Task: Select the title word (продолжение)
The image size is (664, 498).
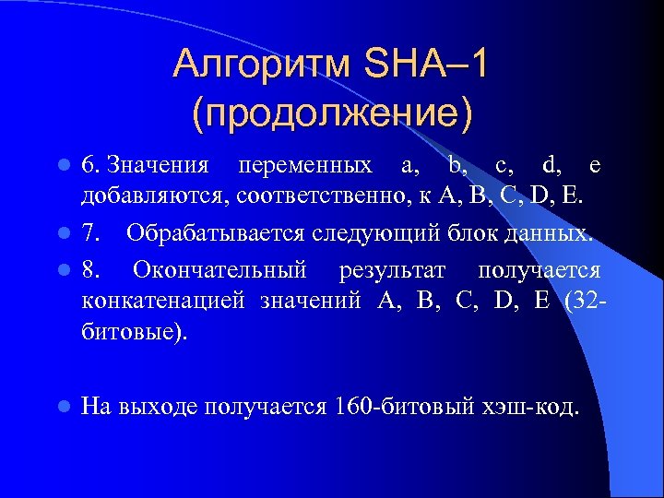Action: click(x=332, y=113)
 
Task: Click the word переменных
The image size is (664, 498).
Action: click(x=305, y=166)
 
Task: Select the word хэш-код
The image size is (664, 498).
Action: click(x=533, y=406)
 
